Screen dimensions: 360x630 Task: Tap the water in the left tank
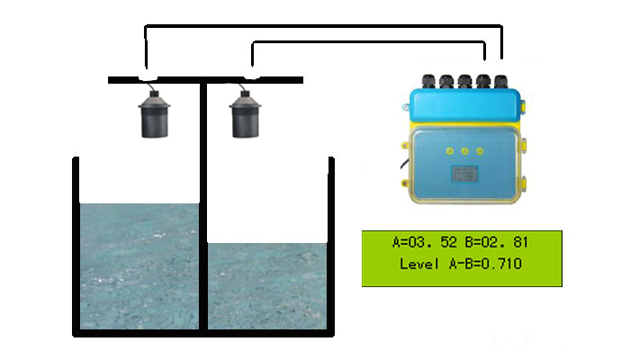point(139,265)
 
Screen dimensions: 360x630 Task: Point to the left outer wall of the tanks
point(76,243)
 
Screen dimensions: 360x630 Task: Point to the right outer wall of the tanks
point(331,243)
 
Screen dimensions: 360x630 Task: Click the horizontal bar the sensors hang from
point(205,80)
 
